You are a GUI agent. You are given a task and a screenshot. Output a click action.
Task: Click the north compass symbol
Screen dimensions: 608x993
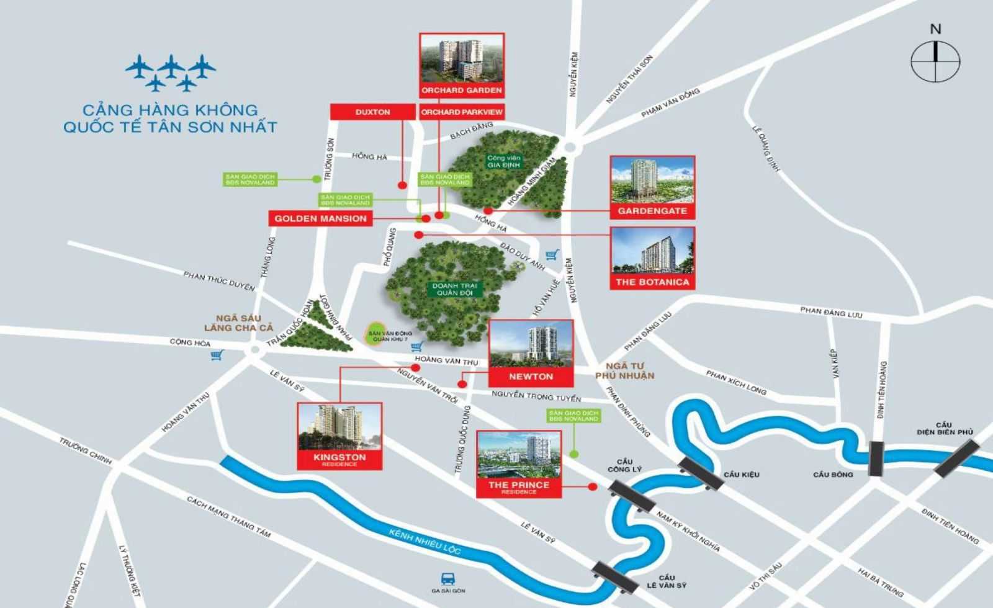coord(935,61)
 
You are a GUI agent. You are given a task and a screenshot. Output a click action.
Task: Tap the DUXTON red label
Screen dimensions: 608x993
coord(372,112)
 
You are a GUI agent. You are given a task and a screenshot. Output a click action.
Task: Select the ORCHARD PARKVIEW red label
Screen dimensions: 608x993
coord(462,112)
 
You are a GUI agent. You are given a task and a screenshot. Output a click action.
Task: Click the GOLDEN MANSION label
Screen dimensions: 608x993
coord(320,218)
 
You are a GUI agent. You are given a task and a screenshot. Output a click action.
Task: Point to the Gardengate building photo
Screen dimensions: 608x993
coord(652,180)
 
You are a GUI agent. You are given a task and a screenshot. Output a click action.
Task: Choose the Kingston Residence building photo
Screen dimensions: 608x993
coord(339,427)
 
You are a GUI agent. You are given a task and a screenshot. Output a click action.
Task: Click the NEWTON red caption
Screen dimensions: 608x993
coord(531,377)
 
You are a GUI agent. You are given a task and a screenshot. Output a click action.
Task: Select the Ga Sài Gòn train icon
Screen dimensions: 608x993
coord(447,579)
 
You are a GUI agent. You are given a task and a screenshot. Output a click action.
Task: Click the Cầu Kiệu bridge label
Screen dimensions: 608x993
coord(741,475)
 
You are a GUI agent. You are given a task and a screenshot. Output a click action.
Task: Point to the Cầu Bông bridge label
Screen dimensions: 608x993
coord(833,475)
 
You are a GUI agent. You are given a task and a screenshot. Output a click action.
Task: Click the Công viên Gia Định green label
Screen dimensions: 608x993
coord(503,161)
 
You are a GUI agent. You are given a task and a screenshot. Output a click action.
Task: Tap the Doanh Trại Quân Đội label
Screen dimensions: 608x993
coord(455,289)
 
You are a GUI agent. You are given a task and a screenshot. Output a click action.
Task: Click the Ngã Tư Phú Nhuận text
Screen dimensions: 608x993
coord(624,371)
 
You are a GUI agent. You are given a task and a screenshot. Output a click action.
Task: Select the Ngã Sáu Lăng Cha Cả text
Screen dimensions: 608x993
coord(238,323)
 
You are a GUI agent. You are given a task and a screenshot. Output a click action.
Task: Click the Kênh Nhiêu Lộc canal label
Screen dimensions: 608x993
coord(425,540)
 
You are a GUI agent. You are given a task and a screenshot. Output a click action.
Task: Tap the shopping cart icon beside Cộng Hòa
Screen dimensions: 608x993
coord(217,355)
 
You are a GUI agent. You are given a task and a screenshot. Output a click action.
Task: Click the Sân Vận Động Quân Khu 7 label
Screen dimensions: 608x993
coord(390,336)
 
